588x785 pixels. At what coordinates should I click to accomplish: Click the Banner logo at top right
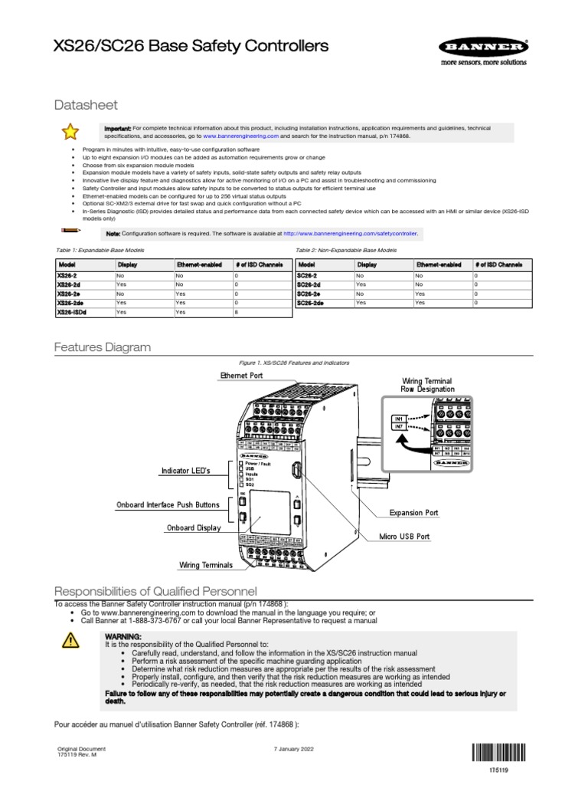pos(483,48)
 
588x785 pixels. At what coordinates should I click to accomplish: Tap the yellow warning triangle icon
pos(68,642)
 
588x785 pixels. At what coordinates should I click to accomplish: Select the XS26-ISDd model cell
pos(71,312)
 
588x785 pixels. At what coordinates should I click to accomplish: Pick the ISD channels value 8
pos(237,312)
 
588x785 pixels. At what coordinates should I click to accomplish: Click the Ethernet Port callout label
pos(241,376)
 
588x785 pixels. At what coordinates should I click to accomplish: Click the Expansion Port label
pos(414,512)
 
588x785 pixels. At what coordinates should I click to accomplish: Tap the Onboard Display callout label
pos(194,528)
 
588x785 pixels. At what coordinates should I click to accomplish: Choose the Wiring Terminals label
pos(205,565)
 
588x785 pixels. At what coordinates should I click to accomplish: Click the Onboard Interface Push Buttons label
pos(167,505)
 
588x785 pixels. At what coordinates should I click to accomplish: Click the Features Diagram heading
pos(102,347)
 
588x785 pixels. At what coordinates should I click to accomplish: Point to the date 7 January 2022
pos(293,749)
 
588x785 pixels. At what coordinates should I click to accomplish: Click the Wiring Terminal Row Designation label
pos(426,385)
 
